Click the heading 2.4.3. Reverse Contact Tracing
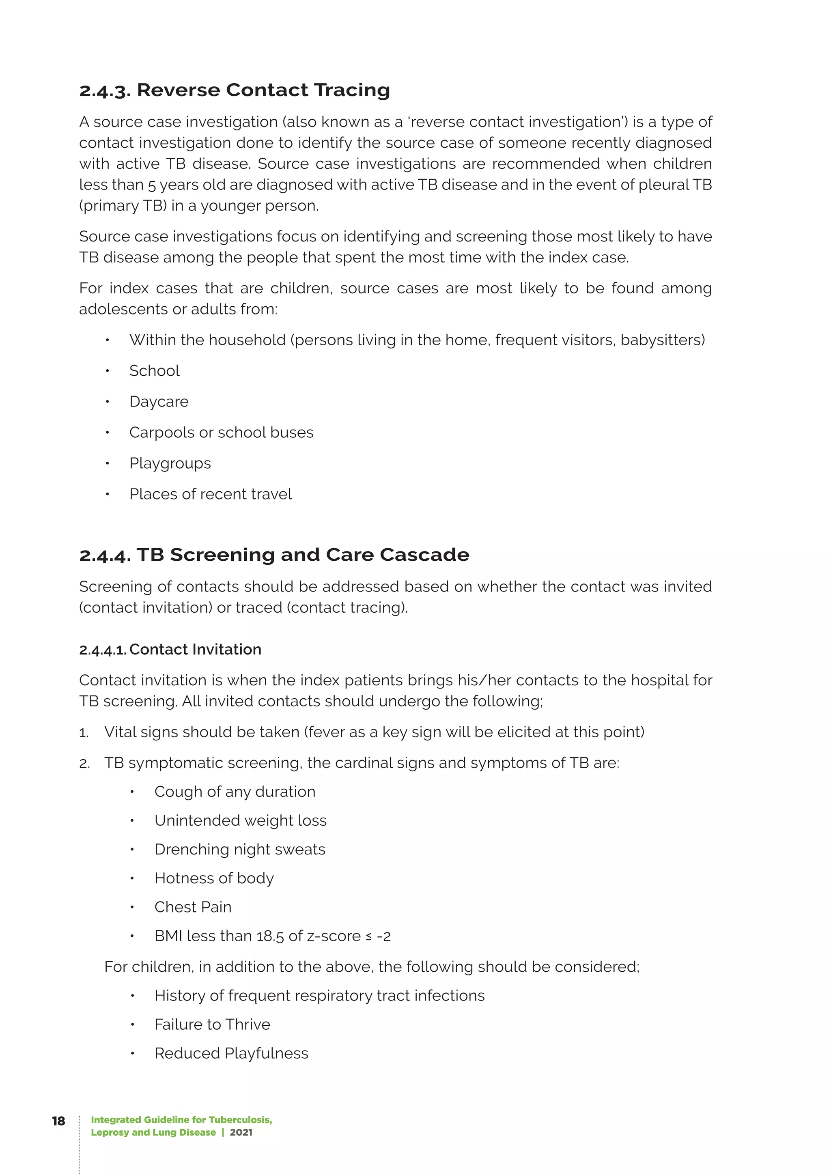(235, 90)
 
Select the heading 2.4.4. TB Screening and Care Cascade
(274, 555)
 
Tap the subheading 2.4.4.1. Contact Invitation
(170, 650)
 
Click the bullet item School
(154, 370)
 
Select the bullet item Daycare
(159, 402)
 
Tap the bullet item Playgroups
(170, 463)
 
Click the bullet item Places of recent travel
(210, 494)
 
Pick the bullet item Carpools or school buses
(221, 433)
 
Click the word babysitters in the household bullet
(661, 340)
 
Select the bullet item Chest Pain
(193, 907)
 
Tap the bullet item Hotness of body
(214, 878)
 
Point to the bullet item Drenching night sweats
(239, 849)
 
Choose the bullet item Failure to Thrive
(212, 1024)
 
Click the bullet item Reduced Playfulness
(231, 1053)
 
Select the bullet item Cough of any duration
(235, 792)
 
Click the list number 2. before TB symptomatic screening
(84, 764)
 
